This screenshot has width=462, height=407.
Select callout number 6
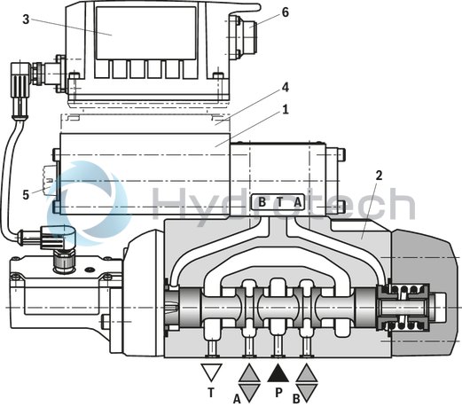click(x=285, y=12)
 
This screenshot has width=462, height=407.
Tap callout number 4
click(x=285, y=86)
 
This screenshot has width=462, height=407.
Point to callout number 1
click(x=285, y=111)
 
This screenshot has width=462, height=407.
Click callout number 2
click(x=379, y=175)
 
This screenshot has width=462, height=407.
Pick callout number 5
click(x=27, y=191)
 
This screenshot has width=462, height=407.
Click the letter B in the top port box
click(x=262, y=202)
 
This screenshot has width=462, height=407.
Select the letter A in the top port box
click(x=297, y=202)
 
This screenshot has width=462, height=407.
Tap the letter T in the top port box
click(x=279, y=202)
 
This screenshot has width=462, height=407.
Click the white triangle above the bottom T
click(x=211, y=372)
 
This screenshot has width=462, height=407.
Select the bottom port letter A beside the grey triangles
click(x=237, y=397)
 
